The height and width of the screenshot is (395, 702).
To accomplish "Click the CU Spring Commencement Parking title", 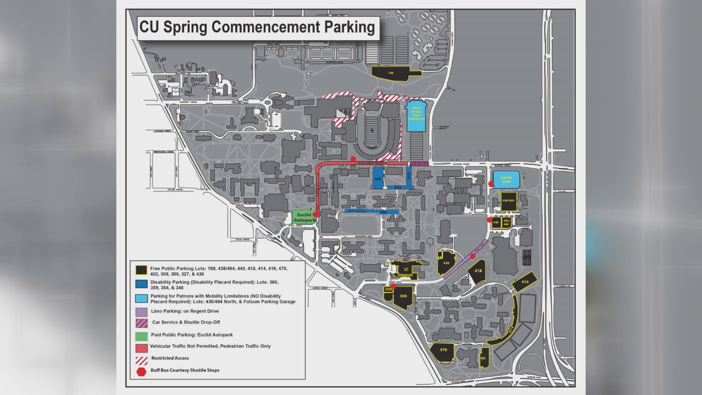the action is pyautogui.click(x=257, y=27).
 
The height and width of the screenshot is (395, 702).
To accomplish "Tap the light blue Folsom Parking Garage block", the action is pyautogui.click(x=416, y=116).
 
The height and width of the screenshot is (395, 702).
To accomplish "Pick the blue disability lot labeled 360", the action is pyautogui.click(x=378, y=178).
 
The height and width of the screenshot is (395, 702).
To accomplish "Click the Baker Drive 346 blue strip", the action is pyautogui.click(x=371, y=212).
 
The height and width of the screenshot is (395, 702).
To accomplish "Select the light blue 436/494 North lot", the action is pyautogui.click(x=506, y=179).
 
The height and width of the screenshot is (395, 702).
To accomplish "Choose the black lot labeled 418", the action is pyautogui.click(x=478, y=271).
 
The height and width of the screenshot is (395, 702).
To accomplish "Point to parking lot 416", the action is pyautogui.click(x=525, y=282).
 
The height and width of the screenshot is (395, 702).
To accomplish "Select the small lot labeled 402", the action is pyautogui.click(x=483, y=358).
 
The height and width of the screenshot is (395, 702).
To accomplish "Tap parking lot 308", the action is pyautogui.click(x=403, y=297).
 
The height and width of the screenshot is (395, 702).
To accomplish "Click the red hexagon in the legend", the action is pyautogui.click(x=141, y=371).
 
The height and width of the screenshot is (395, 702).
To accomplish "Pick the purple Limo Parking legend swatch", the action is pyautogui.click(x=141, y=312).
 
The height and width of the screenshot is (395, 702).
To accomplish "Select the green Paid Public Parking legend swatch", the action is pyautogui.click(x=141, y=335).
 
